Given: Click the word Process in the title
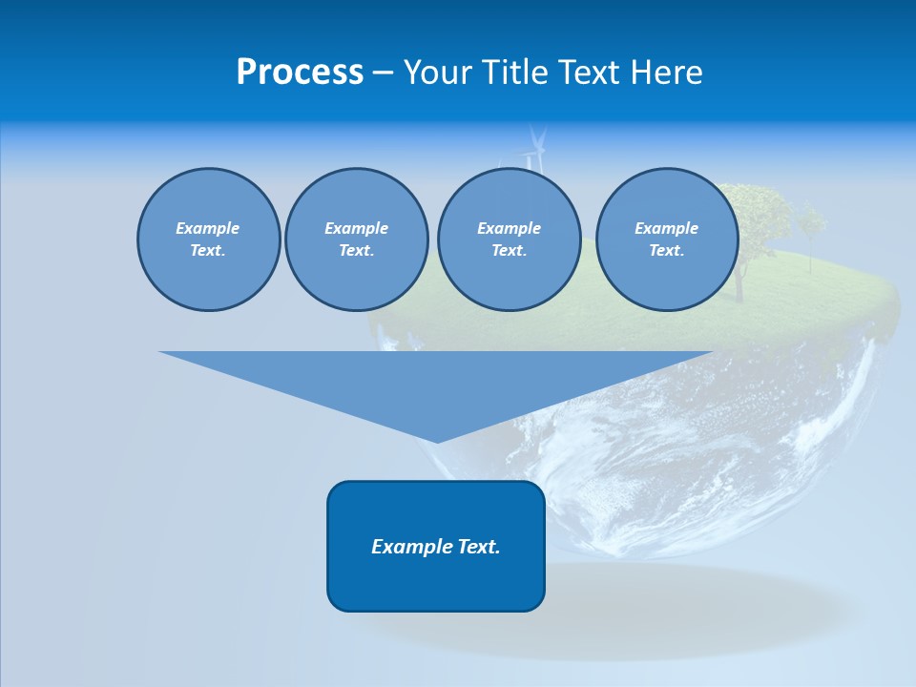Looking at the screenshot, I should pos(300,73).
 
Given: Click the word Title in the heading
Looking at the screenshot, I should pos(511,73).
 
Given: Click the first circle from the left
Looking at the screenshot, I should pos(208,239).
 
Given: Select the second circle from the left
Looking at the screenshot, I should pos(356,239).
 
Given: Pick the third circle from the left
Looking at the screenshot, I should pos(509,239).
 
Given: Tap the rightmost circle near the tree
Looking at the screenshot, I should pos(666,239).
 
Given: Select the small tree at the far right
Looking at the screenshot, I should pos(812,229).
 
